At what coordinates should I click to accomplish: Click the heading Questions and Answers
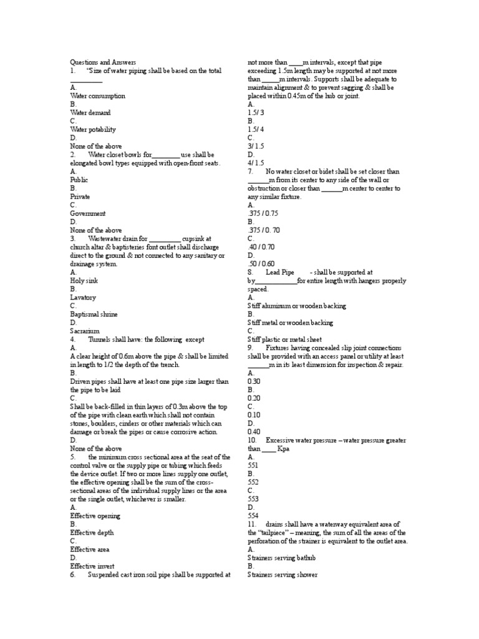(x=103, y=63)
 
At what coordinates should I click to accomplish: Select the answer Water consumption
(x=98, y=96)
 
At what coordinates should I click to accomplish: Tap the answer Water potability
(x=93, y=129)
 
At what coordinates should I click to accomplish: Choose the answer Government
(x=88, y=213)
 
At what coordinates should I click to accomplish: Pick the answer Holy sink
(x=84, y=281)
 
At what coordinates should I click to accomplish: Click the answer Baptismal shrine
(x=94, y=315)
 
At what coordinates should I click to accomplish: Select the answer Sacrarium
(x=85, y=331)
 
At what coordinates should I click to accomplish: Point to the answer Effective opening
(x=95, y=516)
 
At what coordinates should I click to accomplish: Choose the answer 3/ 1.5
(x=256, y=146)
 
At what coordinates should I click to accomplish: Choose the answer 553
(x=253, y=499)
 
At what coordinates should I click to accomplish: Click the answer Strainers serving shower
(x=283, y=575)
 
